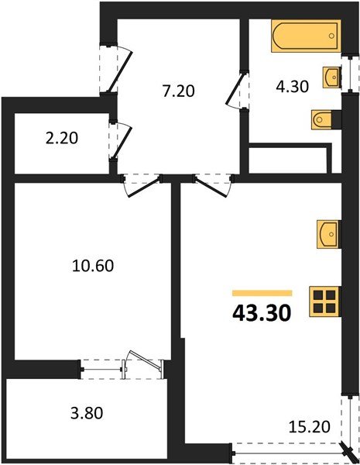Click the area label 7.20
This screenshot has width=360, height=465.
(179, 90)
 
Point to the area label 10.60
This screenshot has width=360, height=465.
(87, 266)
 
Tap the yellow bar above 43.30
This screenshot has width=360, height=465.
(262, 294)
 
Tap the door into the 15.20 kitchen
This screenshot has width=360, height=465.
(213, 184)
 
